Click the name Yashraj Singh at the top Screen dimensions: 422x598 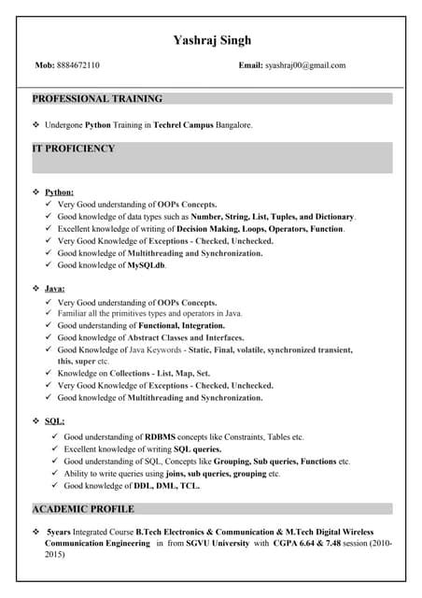tap(212, 40)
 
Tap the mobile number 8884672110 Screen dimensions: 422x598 tap(80, 65)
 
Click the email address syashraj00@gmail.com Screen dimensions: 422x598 tap(305, 65)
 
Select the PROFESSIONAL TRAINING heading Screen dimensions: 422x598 tap(97, 98)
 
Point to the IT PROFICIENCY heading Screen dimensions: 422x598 tap(74, 149)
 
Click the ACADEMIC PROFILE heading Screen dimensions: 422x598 tap(83, 509)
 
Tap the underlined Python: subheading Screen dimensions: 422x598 tap(60, 192)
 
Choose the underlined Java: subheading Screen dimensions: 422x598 tap(55, 290)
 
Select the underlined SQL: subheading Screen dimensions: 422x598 tap(54, 421)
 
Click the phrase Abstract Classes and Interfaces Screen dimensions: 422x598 tap(186, 337)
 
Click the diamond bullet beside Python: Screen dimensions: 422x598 tap(35, 192)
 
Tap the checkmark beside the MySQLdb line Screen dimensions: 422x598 tap(49, 265)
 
